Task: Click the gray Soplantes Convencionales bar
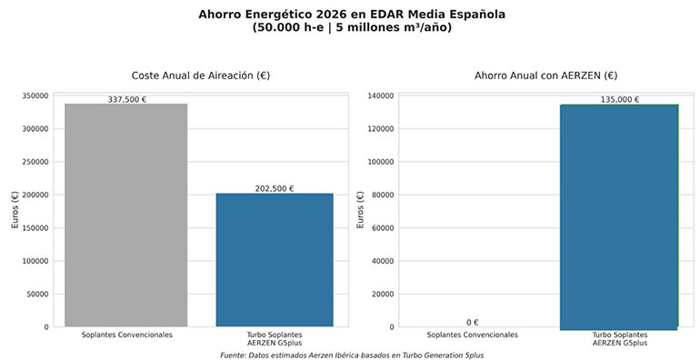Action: click(125, 215)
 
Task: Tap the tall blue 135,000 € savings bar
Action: click(618, 215)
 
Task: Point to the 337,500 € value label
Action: click(126, 100)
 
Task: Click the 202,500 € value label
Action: click(275, 189)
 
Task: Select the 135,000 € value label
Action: click(619, 100)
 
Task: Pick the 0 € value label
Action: click(472, 322)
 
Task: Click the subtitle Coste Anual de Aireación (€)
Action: click(200, 75)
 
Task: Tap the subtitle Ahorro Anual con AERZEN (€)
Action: click(545, 75)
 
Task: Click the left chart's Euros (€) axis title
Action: click(15, 211)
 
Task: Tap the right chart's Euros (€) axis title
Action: click(361, 211)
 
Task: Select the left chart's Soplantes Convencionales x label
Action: click(126, 335)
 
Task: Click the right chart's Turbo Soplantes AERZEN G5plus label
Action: click(618, 338)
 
